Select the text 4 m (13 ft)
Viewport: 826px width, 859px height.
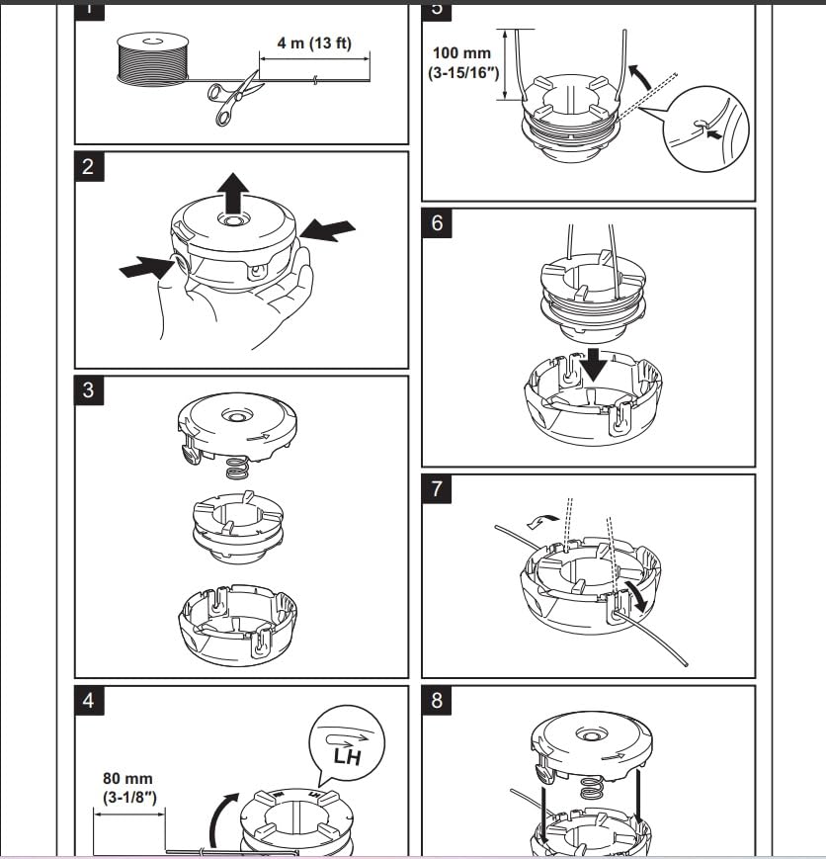[x=313, y=45]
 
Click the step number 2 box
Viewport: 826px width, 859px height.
[x=89, y=166]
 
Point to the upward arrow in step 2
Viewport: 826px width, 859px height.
[x=233, y=191]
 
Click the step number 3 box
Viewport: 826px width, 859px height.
[x=89, y=389]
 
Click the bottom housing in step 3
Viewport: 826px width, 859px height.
[x=235, y=624]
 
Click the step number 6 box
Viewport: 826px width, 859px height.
[x=437, y=223]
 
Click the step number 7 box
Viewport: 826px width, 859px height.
[x=437, y=488]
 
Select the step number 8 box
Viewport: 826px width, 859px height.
[x=437, y=701]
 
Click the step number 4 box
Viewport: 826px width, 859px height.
[x=89, y=701]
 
